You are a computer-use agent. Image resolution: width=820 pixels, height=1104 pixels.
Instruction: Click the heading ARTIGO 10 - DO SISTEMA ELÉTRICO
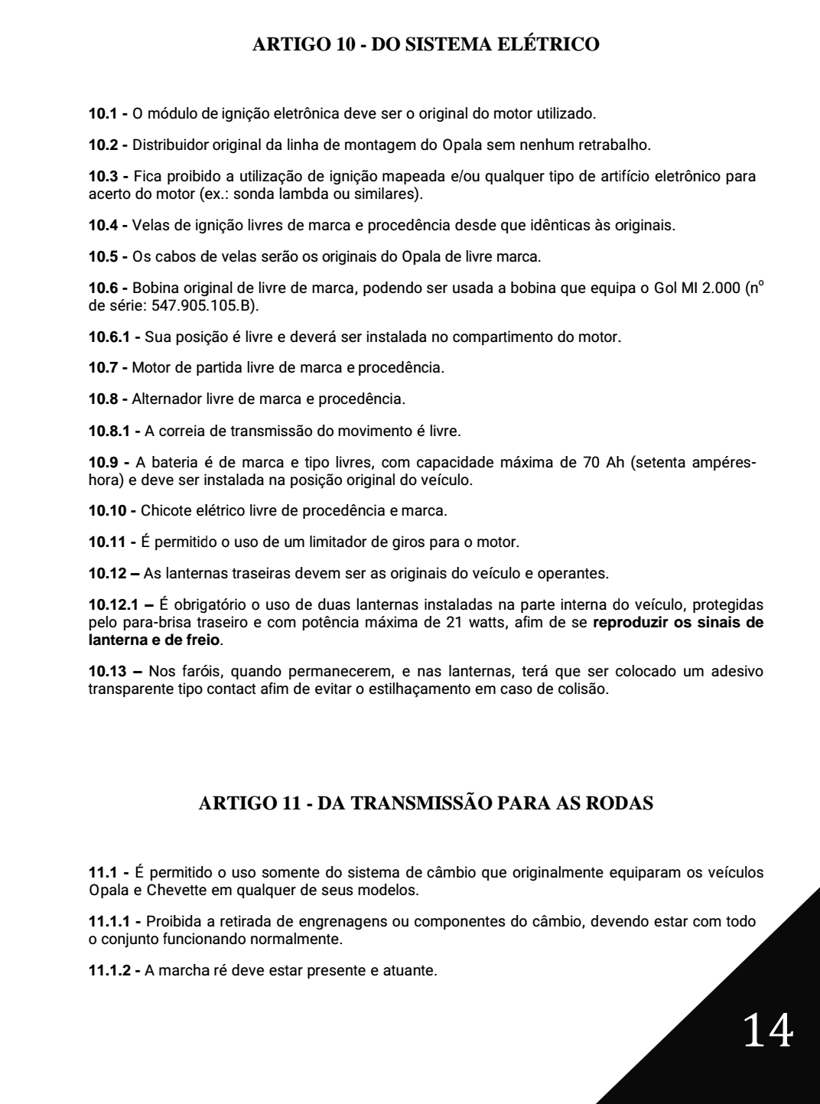pyautogui.click(x=425, y=44)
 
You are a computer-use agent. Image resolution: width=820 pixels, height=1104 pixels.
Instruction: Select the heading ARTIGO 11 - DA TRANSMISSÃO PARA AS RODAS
pyautogui.click(x=425, y=804)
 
